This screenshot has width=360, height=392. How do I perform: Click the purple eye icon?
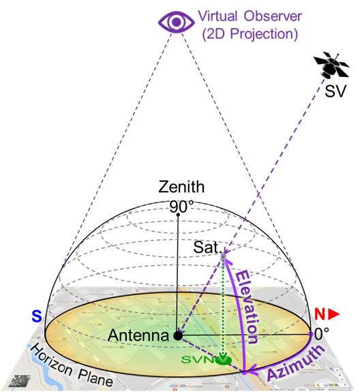tap(176, 22)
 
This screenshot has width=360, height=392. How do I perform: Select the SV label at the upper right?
tap(335, 91)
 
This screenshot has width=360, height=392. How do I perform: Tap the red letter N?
tap(319, 315)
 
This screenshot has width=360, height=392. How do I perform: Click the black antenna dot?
tap(178, 335)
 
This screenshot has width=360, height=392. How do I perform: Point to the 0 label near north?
tap(317, 335)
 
